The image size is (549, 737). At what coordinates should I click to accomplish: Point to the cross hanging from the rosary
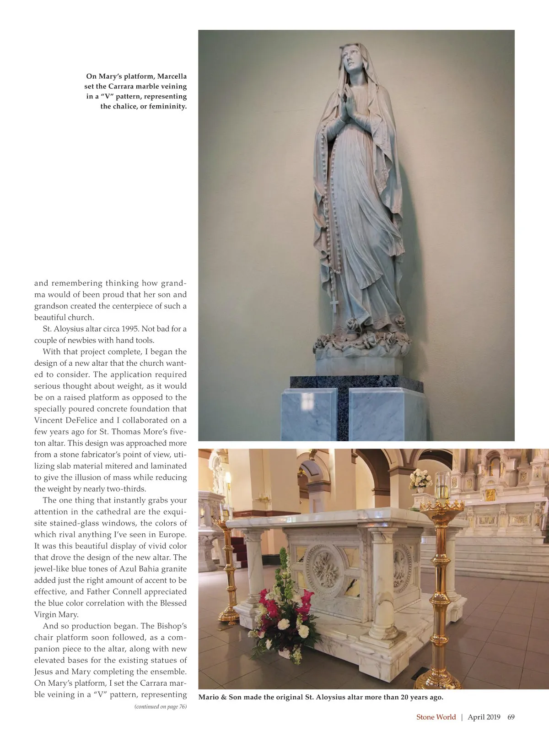click(x=334, y=304)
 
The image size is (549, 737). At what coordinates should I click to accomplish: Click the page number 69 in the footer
click(x=511, y=717)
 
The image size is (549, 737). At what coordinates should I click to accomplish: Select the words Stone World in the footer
click(x=436, y=717)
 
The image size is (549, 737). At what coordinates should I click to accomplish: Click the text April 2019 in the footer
click(x=484, y=717)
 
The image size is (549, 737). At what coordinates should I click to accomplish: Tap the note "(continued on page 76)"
click(x=160, y=707)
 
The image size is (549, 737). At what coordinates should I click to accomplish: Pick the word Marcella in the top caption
click(x=172, y=76)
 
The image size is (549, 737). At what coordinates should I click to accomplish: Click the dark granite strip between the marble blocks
click(x=343, y=412)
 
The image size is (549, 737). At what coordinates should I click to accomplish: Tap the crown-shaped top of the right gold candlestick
click(x=441, y=505)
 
